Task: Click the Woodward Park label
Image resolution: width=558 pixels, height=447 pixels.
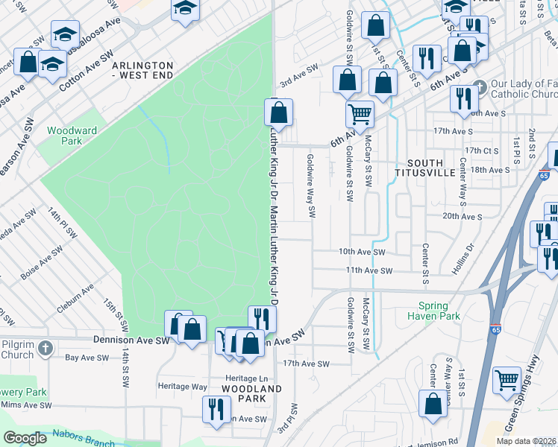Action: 72,135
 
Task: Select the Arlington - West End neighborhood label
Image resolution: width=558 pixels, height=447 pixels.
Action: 142,71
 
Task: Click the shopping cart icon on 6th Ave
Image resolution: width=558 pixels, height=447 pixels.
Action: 360,114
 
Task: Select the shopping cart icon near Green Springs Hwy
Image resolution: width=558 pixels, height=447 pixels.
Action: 507,380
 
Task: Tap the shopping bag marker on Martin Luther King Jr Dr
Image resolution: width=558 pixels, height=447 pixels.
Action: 278,113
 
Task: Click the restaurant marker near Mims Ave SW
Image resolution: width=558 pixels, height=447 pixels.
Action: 216,409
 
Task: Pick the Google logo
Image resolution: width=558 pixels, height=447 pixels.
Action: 25,438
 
